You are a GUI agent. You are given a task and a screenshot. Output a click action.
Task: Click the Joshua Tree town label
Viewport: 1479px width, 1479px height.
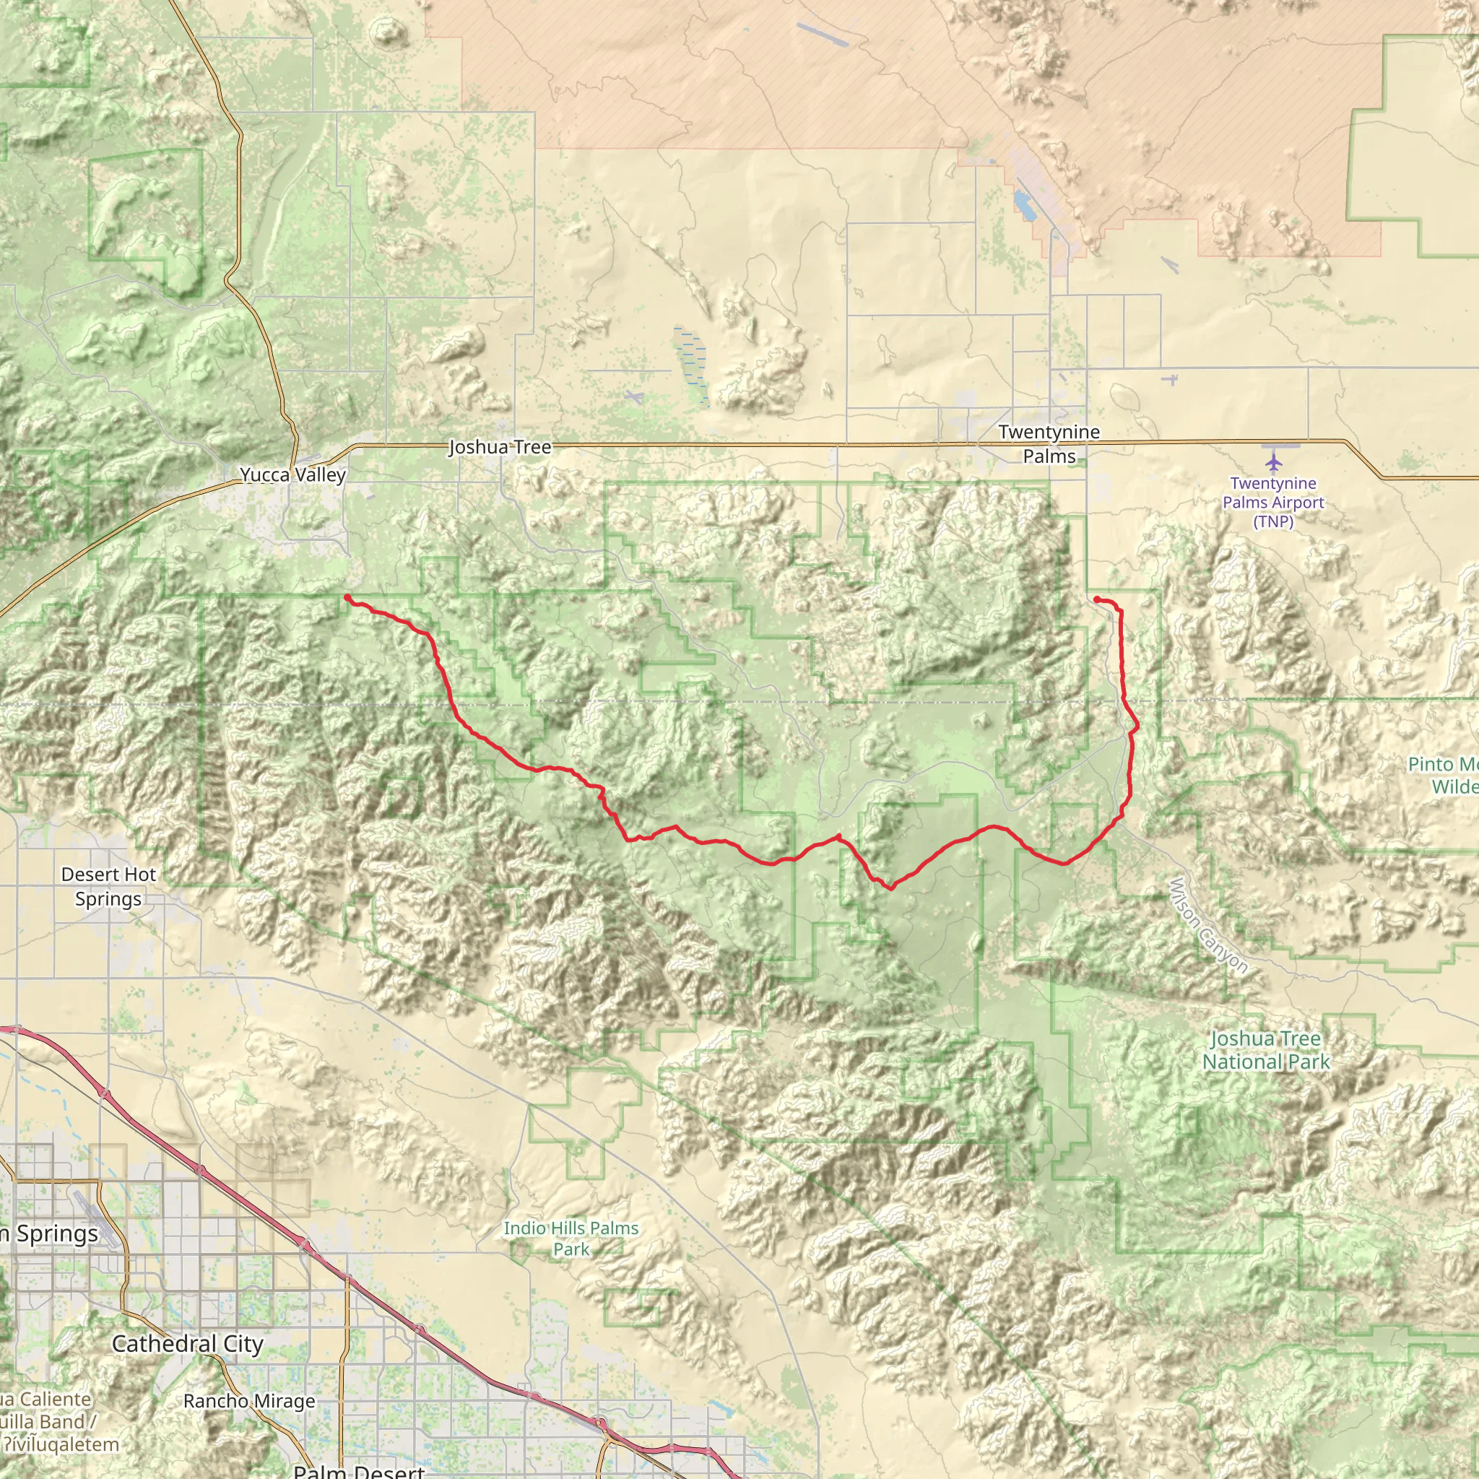pos(499,447)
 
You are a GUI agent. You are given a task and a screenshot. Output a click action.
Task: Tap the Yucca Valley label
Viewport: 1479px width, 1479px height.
pos(293,474)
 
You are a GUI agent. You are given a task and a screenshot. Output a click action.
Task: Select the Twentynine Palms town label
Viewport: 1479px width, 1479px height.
pos(1049,444)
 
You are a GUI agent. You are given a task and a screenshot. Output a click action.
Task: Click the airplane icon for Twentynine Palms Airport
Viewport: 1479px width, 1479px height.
pos(1273,462)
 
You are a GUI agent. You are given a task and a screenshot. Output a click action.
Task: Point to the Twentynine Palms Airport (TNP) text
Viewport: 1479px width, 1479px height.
pos(1273,502)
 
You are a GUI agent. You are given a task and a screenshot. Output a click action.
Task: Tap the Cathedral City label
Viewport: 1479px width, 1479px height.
pos(188,1343)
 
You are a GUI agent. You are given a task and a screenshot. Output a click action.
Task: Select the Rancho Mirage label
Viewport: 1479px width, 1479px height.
pos(249,1401)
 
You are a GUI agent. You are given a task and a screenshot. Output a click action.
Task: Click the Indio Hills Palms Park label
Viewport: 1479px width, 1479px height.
pos(571,1238)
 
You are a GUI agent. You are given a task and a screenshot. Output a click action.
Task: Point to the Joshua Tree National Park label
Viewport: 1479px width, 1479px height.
pos(1265,1050)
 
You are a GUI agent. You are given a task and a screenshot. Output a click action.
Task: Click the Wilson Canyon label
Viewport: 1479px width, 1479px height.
pos(1209,926)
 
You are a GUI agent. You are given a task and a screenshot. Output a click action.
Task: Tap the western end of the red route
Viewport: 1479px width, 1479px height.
pos(347,597)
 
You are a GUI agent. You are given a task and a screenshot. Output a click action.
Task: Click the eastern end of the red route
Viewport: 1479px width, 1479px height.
pos(1096,599)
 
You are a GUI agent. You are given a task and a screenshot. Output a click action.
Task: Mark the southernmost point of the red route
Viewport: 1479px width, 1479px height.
pos(890,888)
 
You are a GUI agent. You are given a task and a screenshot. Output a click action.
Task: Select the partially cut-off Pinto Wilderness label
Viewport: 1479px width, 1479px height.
pos(1444,775)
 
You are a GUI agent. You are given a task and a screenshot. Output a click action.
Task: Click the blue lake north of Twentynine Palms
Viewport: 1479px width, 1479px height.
pos(1023,204)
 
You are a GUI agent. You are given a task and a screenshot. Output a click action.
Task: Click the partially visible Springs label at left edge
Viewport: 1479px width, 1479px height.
pos(51,1234)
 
